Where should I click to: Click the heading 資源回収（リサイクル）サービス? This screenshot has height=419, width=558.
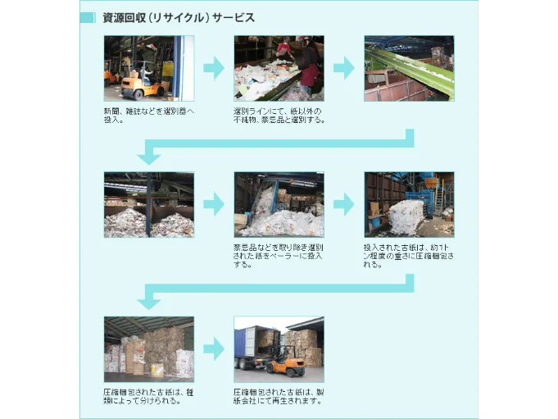(x=178, y=17)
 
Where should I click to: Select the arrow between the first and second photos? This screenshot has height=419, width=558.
(x=213, y=69)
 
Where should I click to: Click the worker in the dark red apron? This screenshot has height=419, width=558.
(x=310, y=69)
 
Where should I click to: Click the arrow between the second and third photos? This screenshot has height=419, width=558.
(x=343, y=69)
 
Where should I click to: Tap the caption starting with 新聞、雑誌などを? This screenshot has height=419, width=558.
(x=148, y=116)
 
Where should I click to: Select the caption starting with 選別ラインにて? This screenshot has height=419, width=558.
(x=279, y=116)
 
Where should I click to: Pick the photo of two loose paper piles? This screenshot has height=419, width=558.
(x=148, y=205)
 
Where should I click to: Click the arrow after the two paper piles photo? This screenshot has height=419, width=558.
(x=213, y=205)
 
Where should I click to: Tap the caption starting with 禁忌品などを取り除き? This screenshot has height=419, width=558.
(x=279, y=256)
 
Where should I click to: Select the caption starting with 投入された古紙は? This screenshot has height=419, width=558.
(x=408, y=256)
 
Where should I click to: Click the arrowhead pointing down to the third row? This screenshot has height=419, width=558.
(x=149, y=301)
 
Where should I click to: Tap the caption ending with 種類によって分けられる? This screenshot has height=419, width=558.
(x=148, y=396)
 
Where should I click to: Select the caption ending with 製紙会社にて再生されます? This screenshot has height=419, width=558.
(x=279, y=396)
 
